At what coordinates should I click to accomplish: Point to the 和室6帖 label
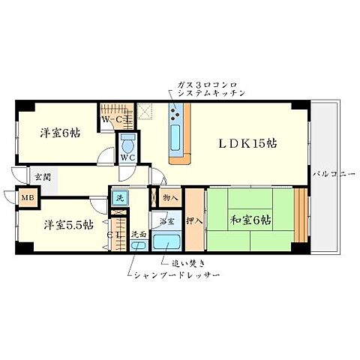[x=251, y=220]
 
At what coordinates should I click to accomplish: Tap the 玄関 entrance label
[x=41, y=178]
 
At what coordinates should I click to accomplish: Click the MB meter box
[x=27, y=199]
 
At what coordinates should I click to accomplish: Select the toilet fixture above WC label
[x=127, y=142]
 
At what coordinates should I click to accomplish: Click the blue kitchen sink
[x=177, y=136]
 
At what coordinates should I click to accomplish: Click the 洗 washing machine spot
[x=119, y=198]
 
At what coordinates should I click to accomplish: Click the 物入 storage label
[x=169, y=198]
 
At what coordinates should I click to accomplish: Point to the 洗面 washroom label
[x=139, y=233]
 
